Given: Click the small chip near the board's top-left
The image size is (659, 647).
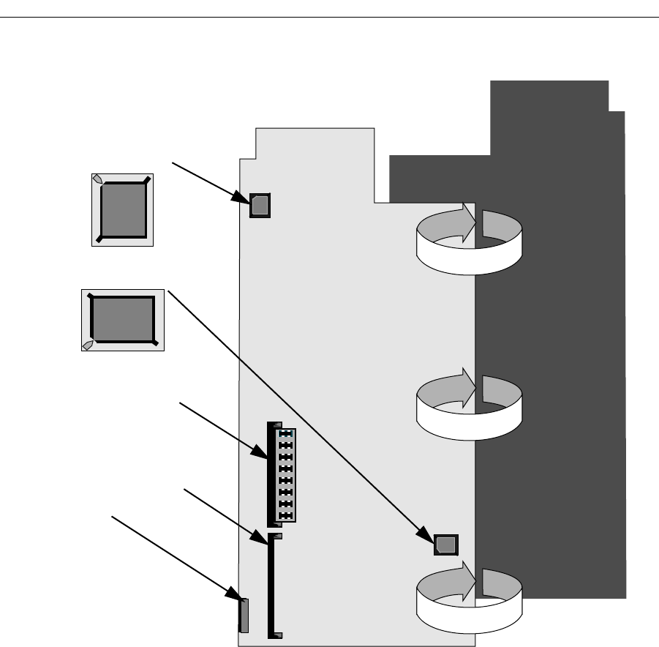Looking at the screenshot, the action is tap(260, 206).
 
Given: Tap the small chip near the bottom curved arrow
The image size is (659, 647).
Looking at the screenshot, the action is tap(445, 545).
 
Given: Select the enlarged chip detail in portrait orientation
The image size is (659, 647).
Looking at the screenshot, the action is tap(122, 209).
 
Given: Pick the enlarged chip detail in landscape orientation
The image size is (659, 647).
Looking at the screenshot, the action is tap(122, 319).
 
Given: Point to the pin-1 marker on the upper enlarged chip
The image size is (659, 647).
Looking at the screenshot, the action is tap(97, 179).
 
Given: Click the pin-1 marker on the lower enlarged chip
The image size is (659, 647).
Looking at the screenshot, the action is tap(87, 345).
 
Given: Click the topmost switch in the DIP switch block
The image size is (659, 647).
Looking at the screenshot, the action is tap(286, 433).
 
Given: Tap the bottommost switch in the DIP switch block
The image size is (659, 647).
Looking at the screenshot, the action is tap(286, 515).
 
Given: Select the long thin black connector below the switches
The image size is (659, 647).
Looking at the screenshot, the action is tap(273, 586).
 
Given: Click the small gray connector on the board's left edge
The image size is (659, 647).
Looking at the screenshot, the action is tap(244, 615).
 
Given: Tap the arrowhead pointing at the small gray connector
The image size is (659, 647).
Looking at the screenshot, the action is tap(236, 599).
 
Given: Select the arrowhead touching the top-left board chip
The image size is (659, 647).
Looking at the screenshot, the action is tap(244, 198).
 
